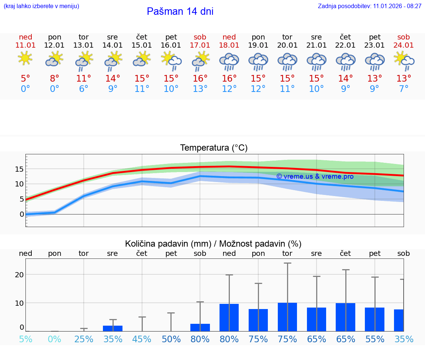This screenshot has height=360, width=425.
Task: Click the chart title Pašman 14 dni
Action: [x=180, y=11]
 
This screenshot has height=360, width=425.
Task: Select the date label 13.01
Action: [x=84, y=45]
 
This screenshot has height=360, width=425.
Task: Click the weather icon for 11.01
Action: [x=25, y=59]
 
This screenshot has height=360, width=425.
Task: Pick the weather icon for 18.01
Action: [x=229, y=61]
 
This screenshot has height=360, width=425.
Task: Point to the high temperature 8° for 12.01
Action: [x=55, y=79]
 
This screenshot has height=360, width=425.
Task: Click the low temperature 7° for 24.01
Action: [x=404, y=89]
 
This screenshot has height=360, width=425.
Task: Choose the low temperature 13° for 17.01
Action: [x=200, y=89]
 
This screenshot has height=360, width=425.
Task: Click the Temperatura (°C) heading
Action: [x=214, y=148]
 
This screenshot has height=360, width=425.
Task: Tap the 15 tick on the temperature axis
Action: [x=20, y=169]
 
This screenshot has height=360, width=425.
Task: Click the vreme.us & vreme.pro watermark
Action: [x=315, y=176]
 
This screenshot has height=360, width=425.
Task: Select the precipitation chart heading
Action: [x=213, y=244]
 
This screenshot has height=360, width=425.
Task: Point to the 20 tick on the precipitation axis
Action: [x=20, y=275]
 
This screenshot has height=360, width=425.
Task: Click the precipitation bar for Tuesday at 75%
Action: [x=287, y=317]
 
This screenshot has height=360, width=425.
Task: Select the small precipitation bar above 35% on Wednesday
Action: [x=113, y=328]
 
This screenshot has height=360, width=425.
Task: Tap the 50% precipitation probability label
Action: [x=171, y=339]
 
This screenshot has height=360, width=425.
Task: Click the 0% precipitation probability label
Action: [x=55, y=339]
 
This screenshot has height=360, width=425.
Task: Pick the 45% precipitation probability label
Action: [x=142, y=339]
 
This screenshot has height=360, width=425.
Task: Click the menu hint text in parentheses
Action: [x=41, y=6]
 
